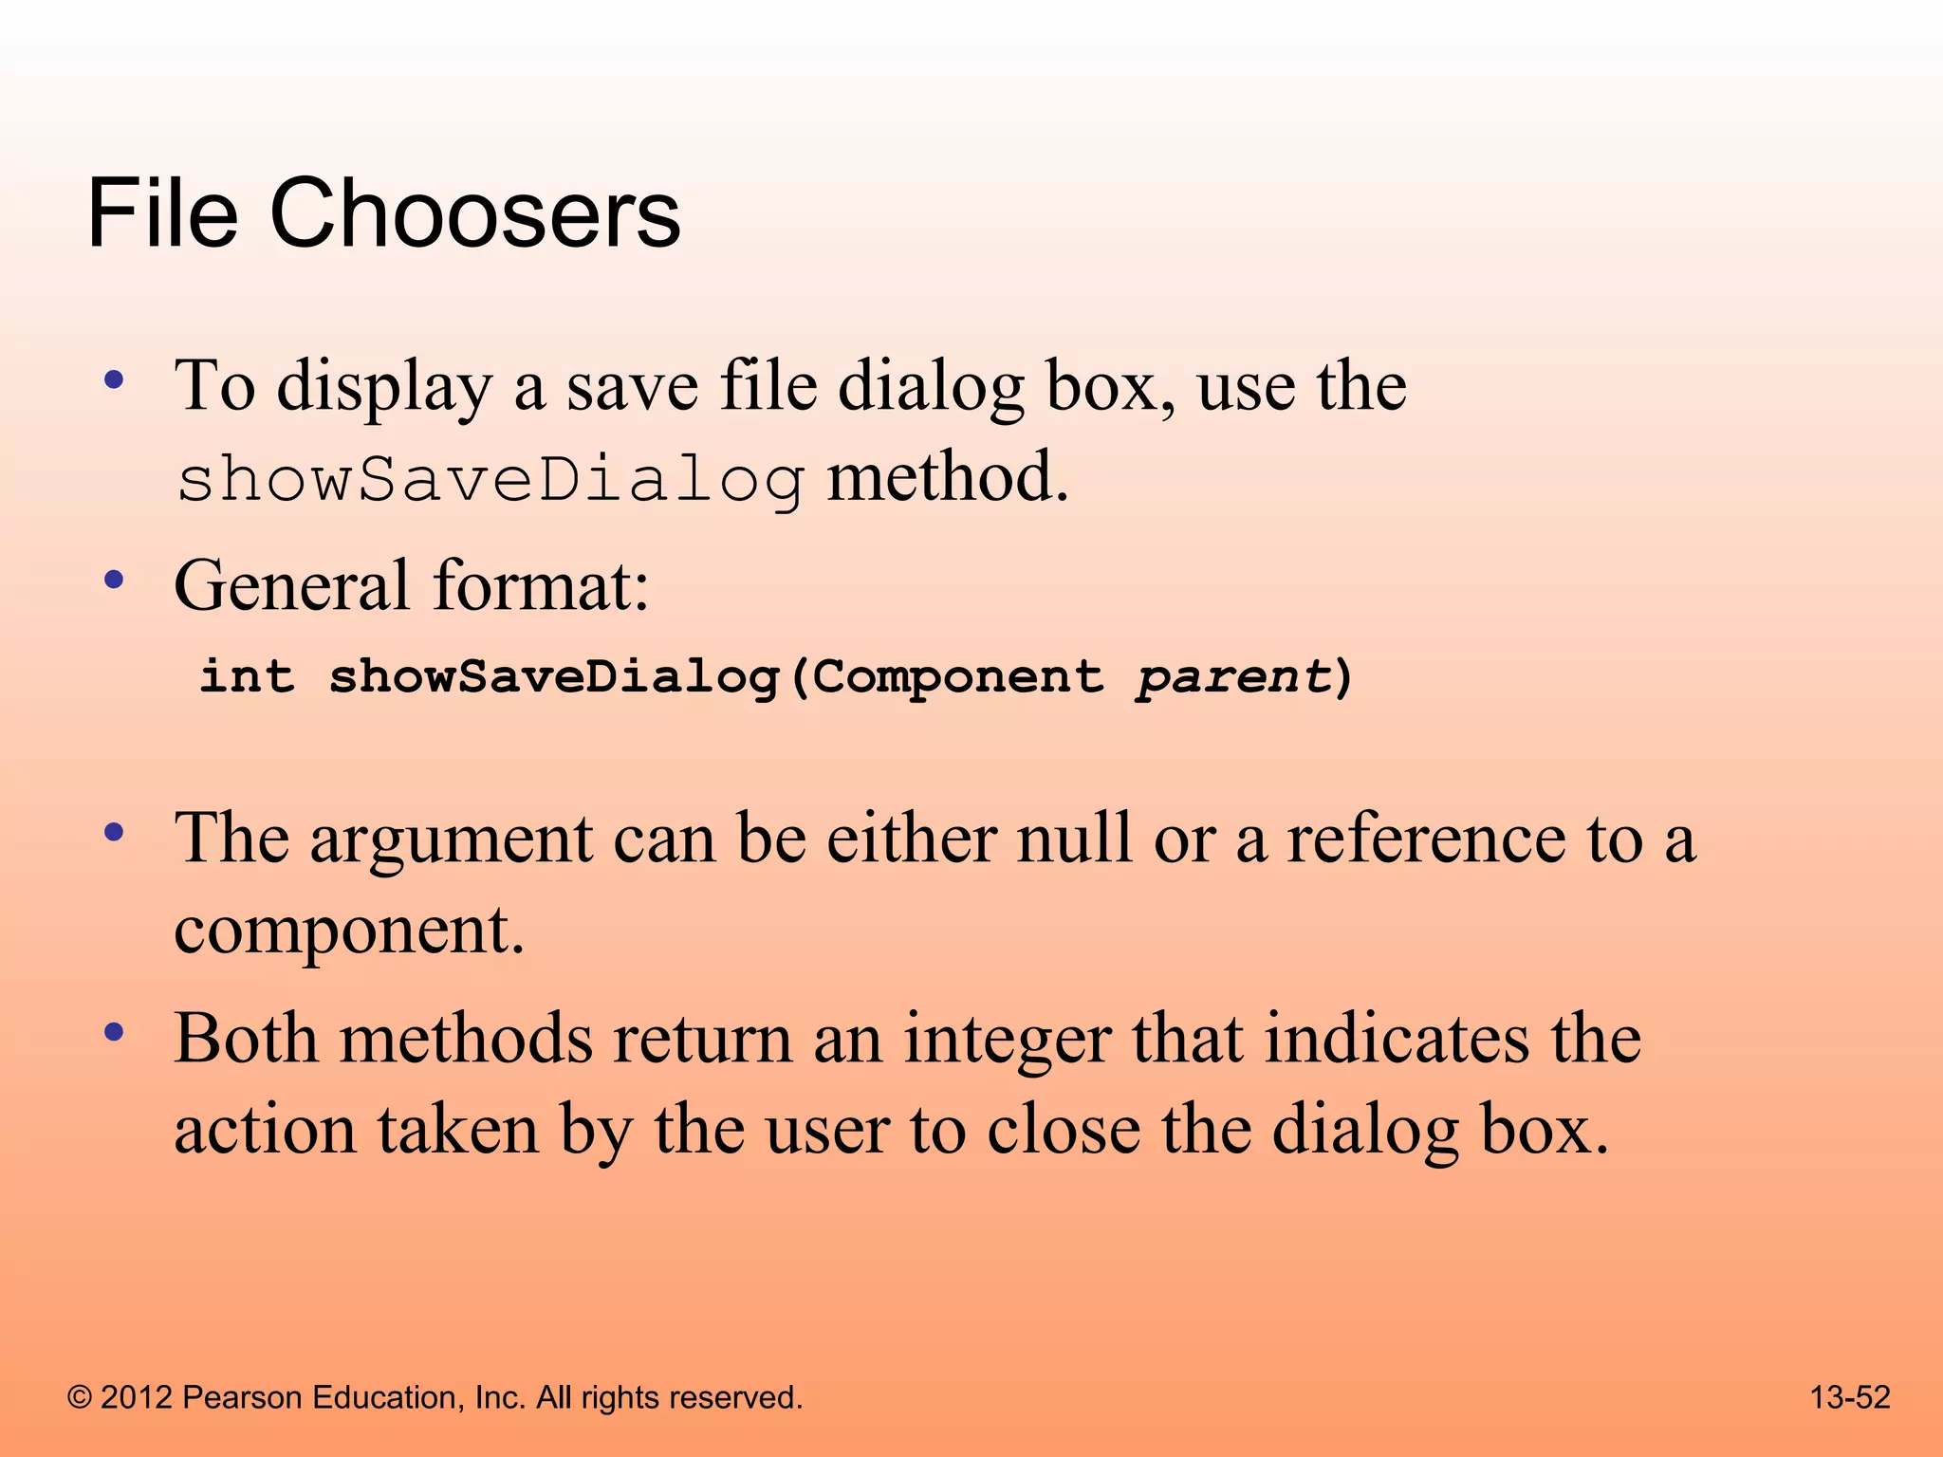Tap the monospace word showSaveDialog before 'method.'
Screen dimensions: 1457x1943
coord(490,480)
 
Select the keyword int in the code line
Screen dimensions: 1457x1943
coord(247,677)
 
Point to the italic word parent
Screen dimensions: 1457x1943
coord(1234,677)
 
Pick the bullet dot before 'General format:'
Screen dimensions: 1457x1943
coord(115,580)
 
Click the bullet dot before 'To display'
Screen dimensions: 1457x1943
coord(115,381)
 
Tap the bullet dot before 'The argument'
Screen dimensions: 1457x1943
coord(115,833)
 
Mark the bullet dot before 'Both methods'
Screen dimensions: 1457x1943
coord(115,1033)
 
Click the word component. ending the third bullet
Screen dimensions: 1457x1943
coord(349,931)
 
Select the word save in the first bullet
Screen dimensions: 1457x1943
coord(633,387)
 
